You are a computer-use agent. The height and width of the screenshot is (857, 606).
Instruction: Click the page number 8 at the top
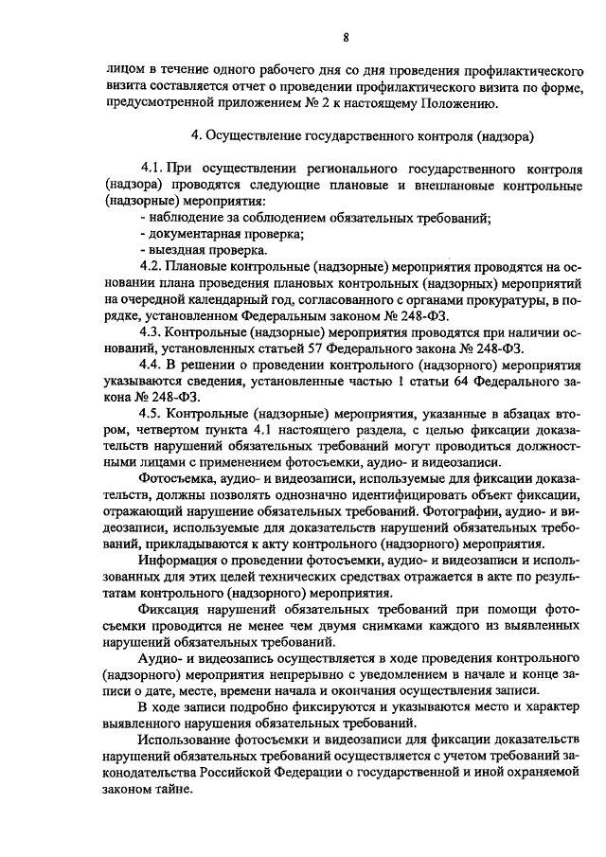tap(347, 37)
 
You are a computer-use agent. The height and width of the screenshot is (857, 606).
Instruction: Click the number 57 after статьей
tap(327, 348)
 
